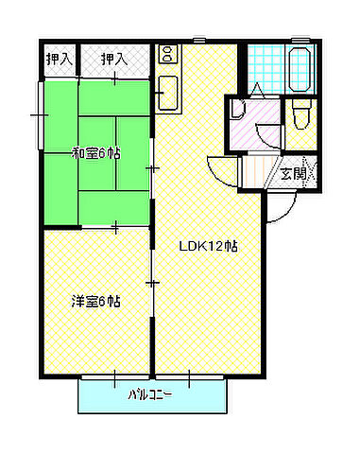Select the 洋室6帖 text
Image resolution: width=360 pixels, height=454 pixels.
(x=96, y=302)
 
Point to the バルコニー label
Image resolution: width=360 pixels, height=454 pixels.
(x=150, y=395)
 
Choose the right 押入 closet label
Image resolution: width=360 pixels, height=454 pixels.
(x=115, y=59)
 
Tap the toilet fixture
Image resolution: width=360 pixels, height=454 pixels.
(x=300, y=115)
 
